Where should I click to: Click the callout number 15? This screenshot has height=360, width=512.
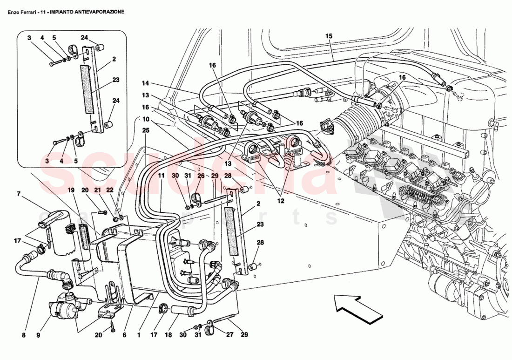click(x=329, y=36)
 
